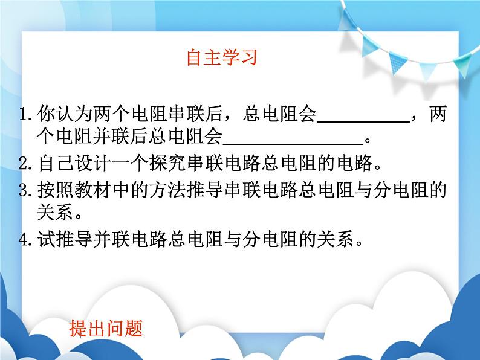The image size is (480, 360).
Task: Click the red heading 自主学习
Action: coord(222,57)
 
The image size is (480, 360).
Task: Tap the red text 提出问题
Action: coord(106,329)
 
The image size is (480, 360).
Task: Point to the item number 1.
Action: coord(25,114)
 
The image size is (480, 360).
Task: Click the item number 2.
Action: coord(25,164)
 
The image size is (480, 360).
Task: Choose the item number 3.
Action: coord(25,191)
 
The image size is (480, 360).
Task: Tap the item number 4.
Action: coord(25,240)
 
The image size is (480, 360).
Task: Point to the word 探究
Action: coord(169,164)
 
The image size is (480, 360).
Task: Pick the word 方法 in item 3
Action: coord(169,191)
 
